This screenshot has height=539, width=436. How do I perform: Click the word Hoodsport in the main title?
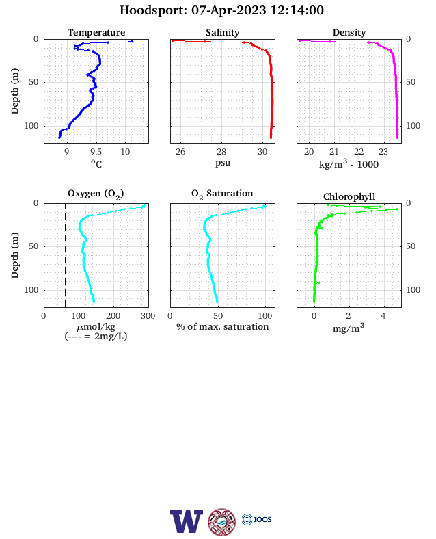pos(153,10)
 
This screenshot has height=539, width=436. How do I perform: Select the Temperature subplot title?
pos(96,33)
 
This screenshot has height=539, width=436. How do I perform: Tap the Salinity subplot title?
pos(223,33)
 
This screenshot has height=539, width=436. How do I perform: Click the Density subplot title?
pos(349,33)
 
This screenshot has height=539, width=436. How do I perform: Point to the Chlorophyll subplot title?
pos(349,196)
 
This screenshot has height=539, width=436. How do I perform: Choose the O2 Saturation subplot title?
pos(222,194)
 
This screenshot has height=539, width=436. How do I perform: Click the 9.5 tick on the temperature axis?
pos(96,152)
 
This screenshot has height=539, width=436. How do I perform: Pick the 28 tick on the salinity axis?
pos(221,152)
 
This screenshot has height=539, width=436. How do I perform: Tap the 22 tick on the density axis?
pos(359,152)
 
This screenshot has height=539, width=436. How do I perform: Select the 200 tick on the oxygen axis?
pos(113,316)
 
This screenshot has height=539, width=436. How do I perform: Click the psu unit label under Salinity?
pos(223,162)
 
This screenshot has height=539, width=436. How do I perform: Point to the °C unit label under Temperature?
pos(96,163)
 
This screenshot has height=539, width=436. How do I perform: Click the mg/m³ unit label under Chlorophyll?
pos(349,328)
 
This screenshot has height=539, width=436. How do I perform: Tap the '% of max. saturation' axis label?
pos(223,326)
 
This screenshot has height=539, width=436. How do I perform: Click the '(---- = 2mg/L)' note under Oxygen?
pos(96,336)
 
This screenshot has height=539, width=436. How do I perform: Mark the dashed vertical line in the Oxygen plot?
pos(65,255)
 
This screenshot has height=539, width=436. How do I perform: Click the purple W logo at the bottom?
pos(187,521)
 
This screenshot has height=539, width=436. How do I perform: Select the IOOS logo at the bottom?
pos(257,519)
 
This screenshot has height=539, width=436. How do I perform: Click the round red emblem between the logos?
pos(222,522)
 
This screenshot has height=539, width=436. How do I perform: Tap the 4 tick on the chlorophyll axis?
pos(383,316)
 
